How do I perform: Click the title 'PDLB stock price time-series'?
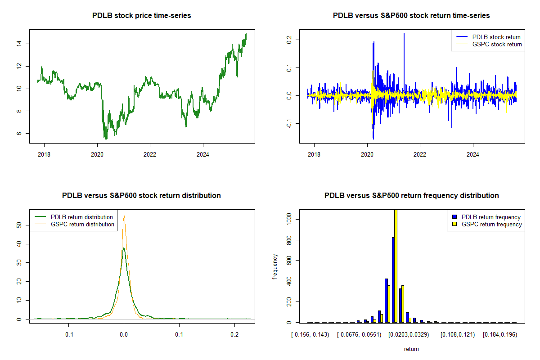[x=142, y=16]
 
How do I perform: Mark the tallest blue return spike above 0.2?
[x=404, y=34]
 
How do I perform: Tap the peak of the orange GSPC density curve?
[x=124, y=216]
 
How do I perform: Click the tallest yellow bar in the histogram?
[x=396, y=265]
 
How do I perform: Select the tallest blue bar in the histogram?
[x=393, y=279]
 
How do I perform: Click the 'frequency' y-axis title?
[x=275, y=267]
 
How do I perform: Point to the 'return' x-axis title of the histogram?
[x=411, y=349]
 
